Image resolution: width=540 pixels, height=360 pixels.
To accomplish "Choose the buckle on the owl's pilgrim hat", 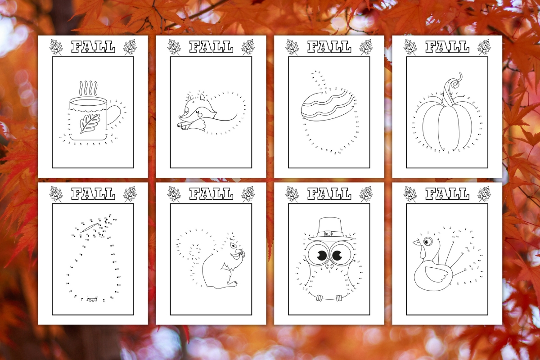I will [x=328, y=234].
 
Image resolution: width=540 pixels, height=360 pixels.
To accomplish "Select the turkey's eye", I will [x=427, y=242].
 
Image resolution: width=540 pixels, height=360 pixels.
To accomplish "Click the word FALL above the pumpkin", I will [x=447, y=47].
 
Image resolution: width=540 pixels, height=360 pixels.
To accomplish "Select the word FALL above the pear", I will [x=93, y=194].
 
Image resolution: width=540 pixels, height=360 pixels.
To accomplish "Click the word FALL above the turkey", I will [x=447, y=194].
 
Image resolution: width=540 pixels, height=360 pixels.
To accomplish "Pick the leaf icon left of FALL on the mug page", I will [x=56, y=47].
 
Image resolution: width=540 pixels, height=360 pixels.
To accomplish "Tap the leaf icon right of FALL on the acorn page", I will [x=366, y=47].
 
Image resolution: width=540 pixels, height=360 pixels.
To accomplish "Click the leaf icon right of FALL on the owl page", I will [x=366, y=194].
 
